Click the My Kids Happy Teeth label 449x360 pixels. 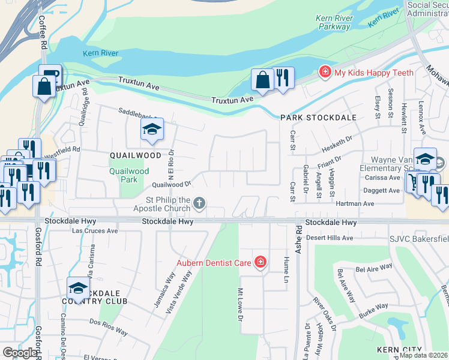pyautogui.click(x=373, y=73)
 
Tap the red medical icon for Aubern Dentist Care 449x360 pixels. pyautogui.click(x=260, y=262)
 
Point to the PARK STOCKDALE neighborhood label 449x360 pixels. pyautogui.click(x=318, y=118)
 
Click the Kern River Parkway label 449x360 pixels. pyautogui.click(x=334, y=22)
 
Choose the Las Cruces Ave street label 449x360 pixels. pyautogui.click(x=94, y=230)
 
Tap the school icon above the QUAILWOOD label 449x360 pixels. pyautogui.click(x=152, y=130)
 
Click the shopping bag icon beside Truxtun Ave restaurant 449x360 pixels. pyautogui.click(x=263, y=80)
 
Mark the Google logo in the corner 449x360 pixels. pyautogui.click(x=20, y=353)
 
